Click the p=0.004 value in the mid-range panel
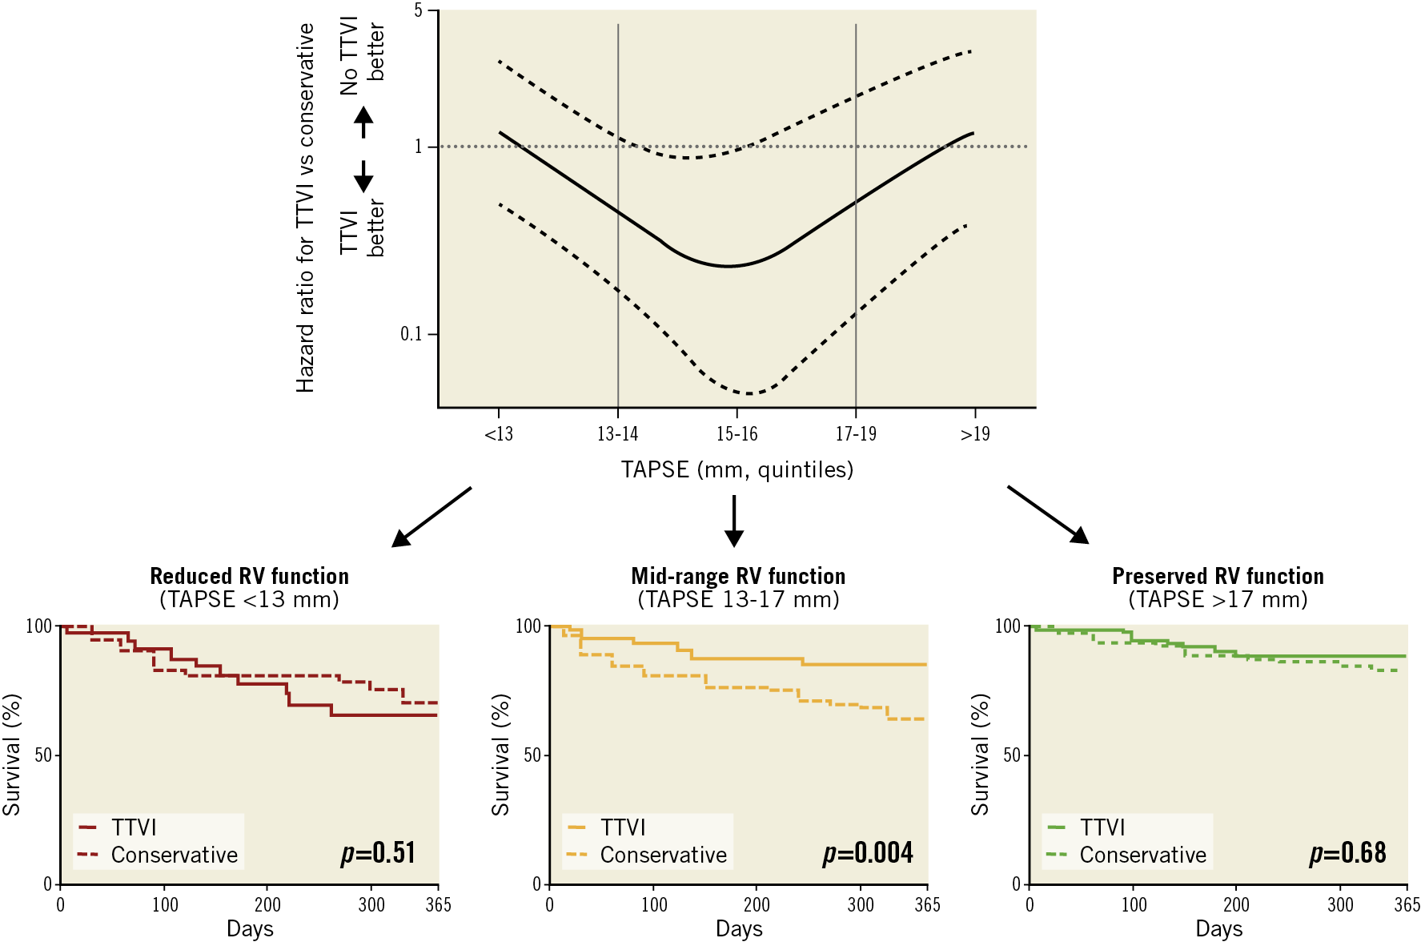[868, 853]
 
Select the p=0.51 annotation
[378, 853]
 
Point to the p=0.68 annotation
[1347, 853]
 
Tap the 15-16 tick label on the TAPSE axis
[737, 434]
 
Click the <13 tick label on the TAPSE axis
[499, 434]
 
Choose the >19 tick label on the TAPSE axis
[975, 434]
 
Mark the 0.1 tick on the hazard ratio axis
[411, 334]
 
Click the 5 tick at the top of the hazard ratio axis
[419, 10]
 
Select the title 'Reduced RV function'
[249, 576]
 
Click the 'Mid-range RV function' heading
[738, 576]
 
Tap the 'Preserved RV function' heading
[1218, 576]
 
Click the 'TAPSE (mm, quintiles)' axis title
[737, 469]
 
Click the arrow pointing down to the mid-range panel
[734, 521]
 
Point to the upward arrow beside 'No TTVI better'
[363, 122]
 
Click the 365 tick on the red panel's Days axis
[438, 905]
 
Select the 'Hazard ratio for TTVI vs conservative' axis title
[305, 208]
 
